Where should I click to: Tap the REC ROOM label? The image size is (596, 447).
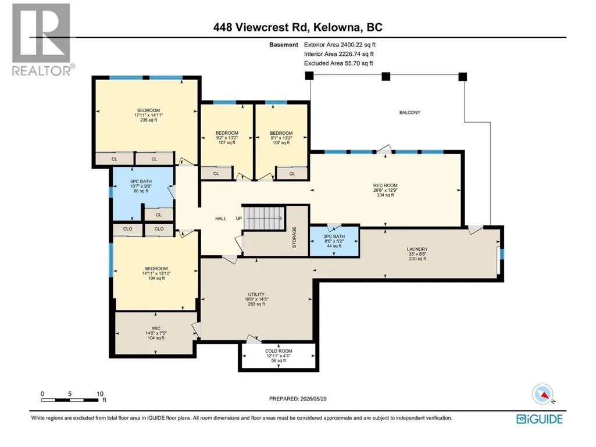coord(385,186)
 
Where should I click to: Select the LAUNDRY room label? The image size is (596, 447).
coord(417,249)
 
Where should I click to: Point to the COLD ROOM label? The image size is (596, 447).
coord(279,351)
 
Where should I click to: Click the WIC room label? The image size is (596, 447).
coord(156,328)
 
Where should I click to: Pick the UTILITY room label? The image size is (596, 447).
coord(256,295)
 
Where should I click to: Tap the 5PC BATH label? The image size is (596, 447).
coord(141,181)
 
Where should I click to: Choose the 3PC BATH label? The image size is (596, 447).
coord(334,237)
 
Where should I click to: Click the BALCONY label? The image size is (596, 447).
coord(410,113)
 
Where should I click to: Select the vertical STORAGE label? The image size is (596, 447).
coord(294,238)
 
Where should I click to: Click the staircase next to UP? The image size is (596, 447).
coord(264,218)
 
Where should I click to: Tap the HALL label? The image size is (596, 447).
coord(221,219)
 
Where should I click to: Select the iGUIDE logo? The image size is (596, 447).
coord(540,419)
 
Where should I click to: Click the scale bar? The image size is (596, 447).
coord(70,400)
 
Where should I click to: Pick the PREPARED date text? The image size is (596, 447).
coord(298,399)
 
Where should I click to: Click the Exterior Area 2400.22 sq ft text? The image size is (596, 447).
coord(340,45)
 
